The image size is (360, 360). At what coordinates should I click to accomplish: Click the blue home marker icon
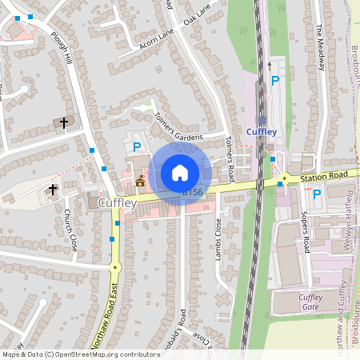pyautogui.click(x=180, y=172)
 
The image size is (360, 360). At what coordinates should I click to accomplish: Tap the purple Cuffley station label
pyautogui.click(x=262, y=132)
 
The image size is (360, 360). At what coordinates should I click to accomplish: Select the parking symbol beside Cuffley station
pyautogui.click(x=275, y=81)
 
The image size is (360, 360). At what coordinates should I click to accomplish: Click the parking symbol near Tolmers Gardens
pyautogui.click(x=137, y=146)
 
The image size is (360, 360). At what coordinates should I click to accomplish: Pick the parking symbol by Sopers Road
pyautogui.click(x=316, y=194)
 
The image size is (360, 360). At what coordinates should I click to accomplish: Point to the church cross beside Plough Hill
pyautogui.click(x=63, y=122)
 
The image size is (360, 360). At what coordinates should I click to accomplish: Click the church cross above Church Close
pyautogui.click(x=54, y=190)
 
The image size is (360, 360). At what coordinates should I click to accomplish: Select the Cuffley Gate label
pyautogui.click(x=310, y=302)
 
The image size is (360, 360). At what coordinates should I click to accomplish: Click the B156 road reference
pyautogui.click(x=192, y=192)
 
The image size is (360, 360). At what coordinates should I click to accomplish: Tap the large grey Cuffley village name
pyautogui.click(x=118, y=203)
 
